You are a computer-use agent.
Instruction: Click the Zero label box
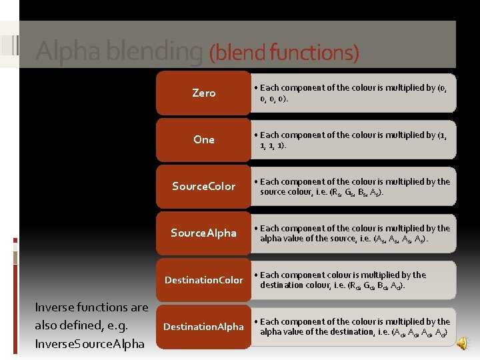(203, 93)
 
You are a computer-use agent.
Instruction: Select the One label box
(203, 139)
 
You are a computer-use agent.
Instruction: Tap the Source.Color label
(203, 186)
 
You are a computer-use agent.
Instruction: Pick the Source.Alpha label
(203, 233)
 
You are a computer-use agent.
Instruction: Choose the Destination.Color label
(203, 280)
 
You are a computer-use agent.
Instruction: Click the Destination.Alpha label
(203, 327)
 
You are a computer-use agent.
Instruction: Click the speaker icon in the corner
(461, 342)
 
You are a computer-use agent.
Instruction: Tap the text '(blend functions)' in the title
(284, 52)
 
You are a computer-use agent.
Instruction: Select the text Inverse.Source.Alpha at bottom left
(89, 344)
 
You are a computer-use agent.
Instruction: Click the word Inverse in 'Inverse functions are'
(56, 307)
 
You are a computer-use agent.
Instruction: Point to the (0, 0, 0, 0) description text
(353, 93)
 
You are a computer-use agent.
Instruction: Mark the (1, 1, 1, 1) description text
(353, 139)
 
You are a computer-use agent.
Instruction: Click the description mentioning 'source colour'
(353, 187)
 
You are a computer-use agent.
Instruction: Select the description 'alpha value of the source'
(353, 233)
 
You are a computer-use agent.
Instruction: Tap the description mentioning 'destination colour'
(346, 280)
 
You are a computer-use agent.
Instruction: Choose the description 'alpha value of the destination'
(353, 327)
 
